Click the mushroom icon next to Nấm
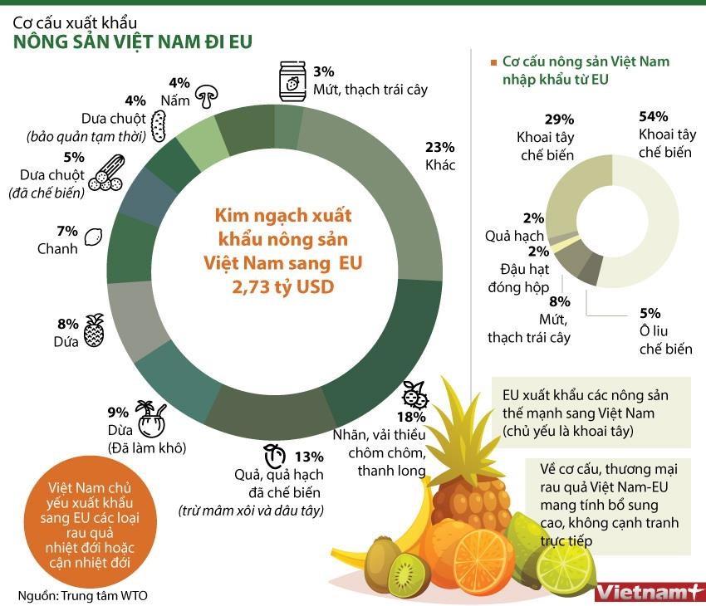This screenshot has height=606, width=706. [x=207, y=96]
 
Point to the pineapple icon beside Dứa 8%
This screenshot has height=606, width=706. [x=94, y=331]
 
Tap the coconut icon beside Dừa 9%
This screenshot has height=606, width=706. [x=150, y=420]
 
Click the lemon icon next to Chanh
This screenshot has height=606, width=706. [x=94, y=237]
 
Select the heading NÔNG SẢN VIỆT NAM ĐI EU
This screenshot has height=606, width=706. [x=133, y=42]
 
